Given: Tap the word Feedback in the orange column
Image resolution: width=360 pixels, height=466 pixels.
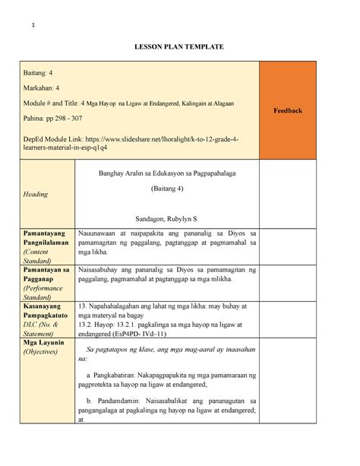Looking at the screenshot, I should [x=288, y=111].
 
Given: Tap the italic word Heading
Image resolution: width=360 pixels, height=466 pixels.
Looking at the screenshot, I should [x=35, y=194].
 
